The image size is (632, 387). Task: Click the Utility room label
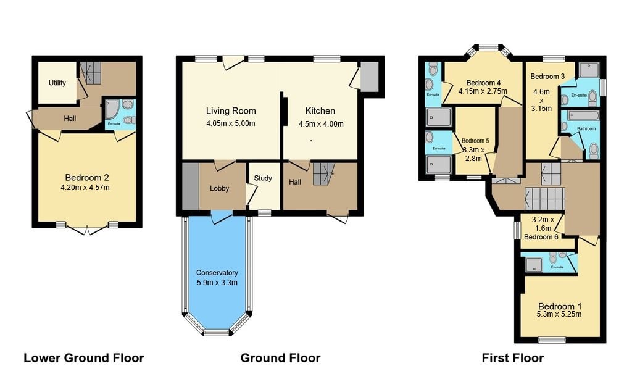point(57,83)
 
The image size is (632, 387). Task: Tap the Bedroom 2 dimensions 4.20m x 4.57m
point(85,188)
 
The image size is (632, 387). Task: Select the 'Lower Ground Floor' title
point(84,358)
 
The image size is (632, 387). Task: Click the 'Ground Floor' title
point(281,358)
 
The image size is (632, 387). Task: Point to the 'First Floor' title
point(513,358)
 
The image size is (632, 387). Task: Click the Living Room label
point(231,111)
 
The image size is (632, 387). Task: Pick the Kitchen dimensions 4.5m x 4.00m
point(321,124)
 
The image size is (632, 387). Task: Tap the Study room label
point(263,178)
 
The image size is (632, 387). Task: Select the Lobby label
point(219,188)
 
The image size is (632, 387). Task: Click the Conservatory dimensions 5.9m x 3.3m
point(217,283)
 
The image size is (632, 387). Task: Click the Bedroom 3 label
point(547,76)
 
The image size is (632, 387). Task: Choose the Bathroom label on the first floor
point(586,128)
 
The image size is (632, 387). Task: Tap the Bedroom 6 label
point(541,236)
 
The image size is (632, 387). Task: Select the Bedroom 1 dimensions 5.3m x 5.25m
point(559,314)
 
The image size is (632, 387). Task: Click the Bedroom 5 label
point(475,141)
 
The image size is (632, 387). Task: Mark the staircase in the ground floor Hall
point(324,173)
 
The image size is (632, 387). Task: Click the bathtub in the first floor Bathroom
point(583,115)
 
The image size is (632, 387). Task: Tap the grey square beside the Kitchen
point(369,77)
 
